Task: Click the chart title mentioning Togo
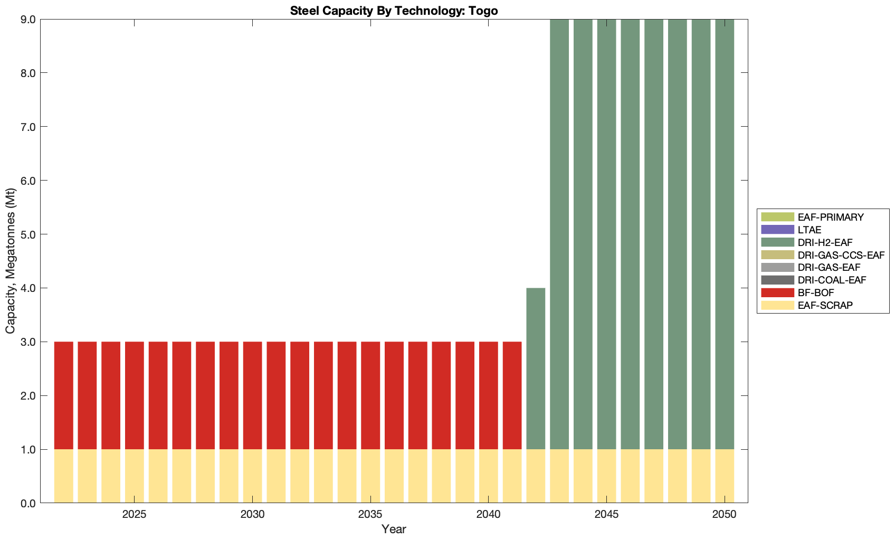[394, 11]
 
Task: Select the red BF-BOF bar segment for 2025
[135, 395]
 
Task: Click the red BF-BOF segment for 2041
[512, 395]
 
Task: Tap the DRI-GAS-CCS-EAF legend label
[841, 255]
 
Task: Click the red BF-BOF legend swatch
[777, 292]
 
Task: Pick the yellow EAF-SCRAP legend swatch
[777, 305]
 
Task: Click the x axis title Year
[394, 529]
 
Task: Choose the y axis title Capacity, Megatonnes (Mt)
[11, 261]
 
